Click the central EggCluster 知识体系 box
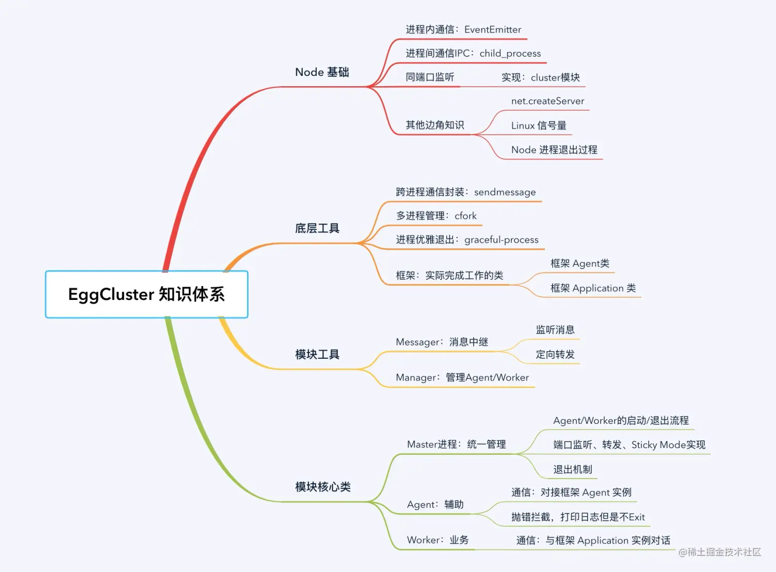pyautogui.click(x=147, y=294)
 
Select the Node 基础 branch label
pyautogui.click(x=322, y=72)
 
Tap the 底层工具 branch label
pyautogui.click(x=317, y=228)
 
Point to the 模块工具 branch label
pyautogui.click(x=317, y=355)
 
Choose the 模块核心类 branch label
pyautogui.click(x=322, y=487)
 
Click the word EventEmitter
pyautogui.click(x=493, y=29)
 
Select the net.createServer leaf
pyautogui.click(x=547, y=101)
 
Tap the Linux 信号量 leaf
pyautogui.click(x=539, y=125)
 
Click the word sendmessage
pyautogui.click(x=505, y=192)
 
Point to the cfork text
pyautogui.click(x=465, y=216)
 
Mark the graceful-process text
pyautogui.click(x=501, y=240)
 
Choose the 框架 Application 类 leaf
pyautogui.click(x=593, y=288)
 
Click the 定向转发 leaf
pyautogui.click(x=555, y=354)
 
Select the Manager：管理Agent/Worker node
pyautogui.click(x=462, y=377)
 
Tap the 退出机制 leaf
pyautogui.click(x=572, y=469)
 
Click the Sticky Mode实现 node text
pyautogui.click(x=668, y=444)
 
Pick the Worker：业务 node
pyautogui.click(x=438, y=540)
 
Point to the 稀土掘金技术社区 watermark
pyautogui.click(x=720, y=552)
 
